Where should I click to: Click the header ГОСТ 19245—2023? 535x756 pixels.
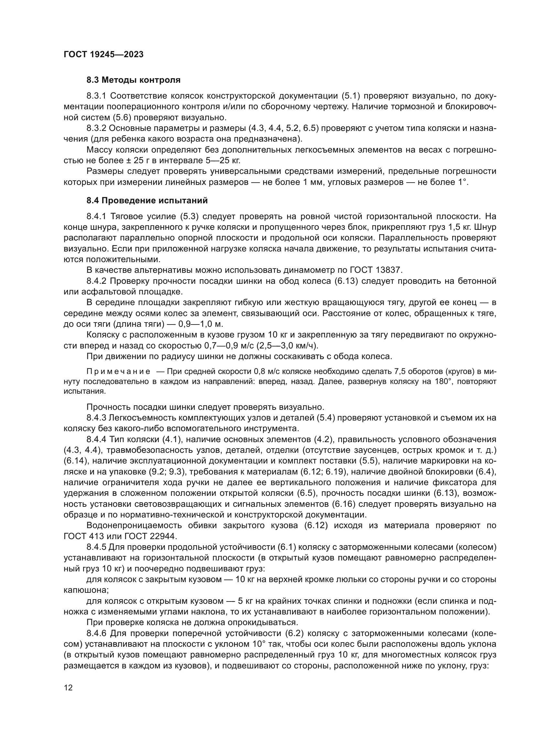(104, 54)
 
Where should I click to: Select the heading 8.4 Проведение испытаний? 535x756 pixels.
(147, 200)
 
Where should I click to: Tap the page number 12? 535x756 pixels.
(68, 688)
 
